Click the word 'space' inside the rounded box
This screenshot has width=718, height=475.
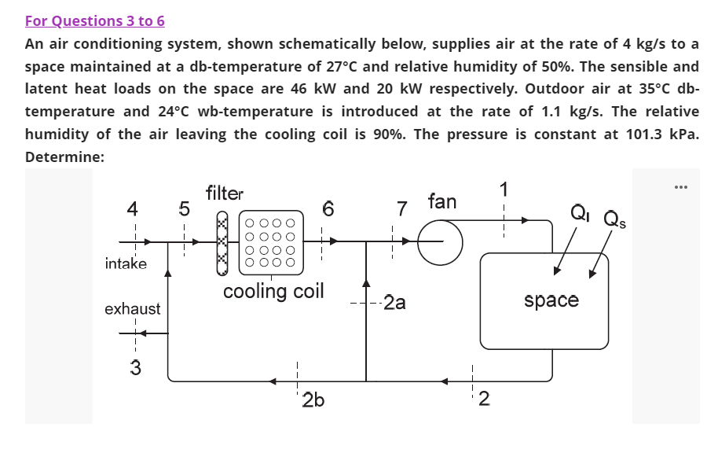(x=551, y=300)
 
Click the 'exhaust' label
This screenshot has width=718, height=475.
(x=133, y=309)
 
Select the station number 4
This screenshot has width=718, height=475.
(x=133, y=209)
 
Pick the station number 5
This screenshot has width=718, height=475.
(x=184, y=209)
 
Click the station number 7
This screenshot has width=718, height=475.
(x=402, y=209)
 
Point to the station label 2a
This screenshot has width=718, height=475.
(x=394, y=303)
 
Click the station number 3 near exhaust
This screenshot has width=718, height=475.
(x=135, y=367)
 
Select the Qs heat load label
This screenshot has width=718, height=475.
(x=610, y=216)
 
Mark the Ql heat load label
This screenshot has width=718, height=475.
(x=579, y=212)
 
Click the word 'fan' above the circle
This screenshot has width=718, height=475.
(x=441, y=201)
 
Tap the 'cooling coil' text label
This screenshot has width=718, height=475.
(x=273, y=292)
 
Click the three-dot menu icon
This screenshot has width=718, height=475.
(x=680, y=187)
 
